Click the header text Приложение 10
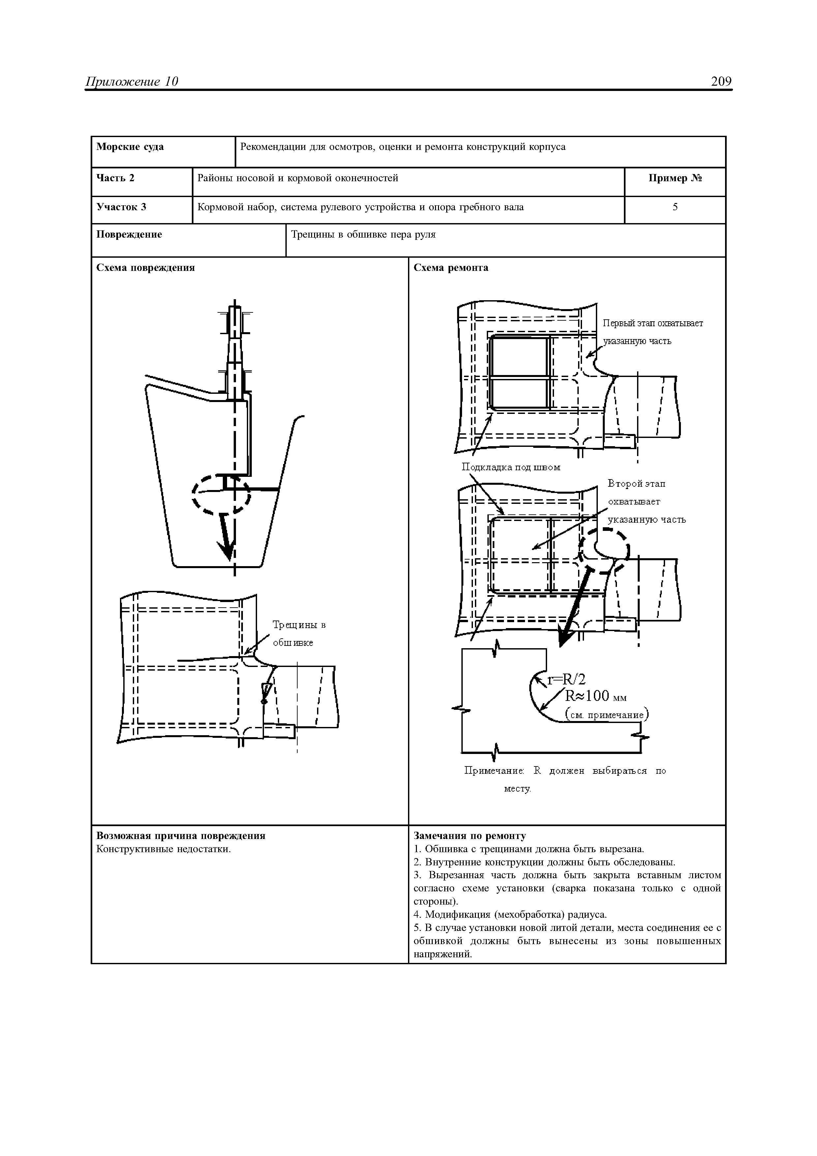point(132,82)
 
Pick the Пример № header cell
point(675,178)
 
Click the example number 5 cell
point(675,207)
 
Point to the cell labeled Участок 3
point(121,207)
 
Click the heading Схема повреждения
point(145,268)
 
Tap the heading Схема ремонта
point(451,268)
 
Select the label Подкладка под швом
point(511,467)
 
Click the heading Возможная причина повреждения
point(181,836)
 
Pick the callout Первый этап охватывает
point(653,323)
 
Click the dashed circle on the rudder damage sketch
point(221,494)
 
